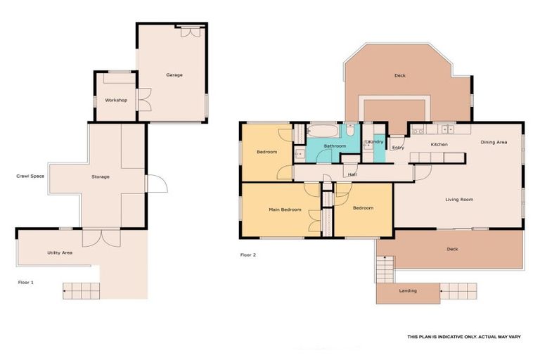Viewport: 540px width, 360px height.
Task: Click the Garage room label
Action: point(174,75)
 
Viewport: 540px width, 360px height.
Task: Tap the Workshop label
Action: point(116,101)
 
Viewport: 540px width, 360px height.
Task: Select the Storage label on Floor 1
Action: point(101,176)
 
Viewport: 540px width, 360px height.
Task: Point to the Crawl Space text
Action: point(30,176)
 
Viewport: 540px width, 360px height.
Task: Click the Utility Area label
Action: point(60,253)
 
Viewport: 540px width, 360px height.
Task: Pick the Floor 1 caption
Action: point(26,283)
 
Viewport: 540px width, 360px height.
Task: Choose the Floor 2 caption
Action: point(248,255)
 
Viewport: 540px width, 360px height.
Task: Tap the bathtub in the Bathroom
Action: point(323,131)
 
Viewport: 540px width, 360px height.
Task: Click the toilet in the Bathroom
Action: point(350,130)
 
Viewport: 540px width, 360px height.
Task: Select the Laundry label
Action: point(374,142)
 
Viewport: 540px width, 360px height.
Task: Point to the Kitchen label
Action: point(439,145)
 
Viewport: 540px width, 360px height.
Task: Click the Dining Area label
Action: point(494,142)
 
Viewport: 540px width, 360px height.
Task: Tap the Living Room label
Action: point(459,200)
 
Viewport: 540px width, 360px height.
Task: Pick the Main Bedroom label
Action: point(285,210)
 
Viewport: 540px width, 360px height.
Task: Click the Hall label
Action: point(352,174)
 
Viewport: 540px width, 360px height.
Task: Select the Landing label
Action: point(408,291)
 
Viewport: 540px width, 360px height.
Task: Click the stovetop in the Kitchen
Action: point(418,129)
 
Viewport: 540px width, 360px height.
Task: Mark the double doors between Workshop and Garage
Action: point(144,100)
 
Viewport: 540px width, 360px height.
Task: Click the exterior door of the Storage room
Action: point(157,184)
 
